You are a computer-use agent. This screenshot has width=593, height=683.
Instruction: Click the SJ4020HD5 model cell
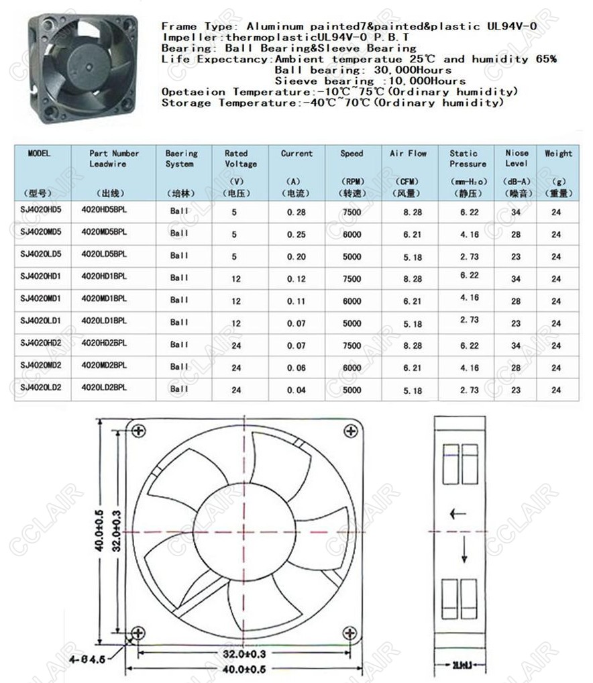pos(40,211)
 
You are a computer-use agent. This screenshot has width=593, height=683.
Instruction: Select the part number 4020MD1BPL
pos(103,299)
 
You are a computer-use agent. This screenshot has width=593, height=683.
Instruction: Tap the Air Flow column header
pos(408,154)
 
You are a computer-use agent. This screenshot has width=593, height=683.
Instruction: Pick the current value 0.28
pos(296,212)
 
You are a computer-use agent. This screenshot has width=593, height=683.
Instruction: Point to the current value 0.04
pos(296,390)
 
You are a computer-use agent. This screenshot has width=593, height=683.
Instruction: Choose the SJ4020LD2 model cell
pos(40,387)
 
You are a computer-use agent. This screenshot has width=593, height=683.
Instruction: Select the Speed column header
pos(352,154)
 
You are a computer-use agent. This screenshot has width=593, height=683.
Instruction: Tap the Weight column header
pos(558,154)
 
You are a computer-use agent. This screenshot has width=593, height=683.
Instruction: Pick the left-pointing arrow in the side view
pos(458,515)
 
